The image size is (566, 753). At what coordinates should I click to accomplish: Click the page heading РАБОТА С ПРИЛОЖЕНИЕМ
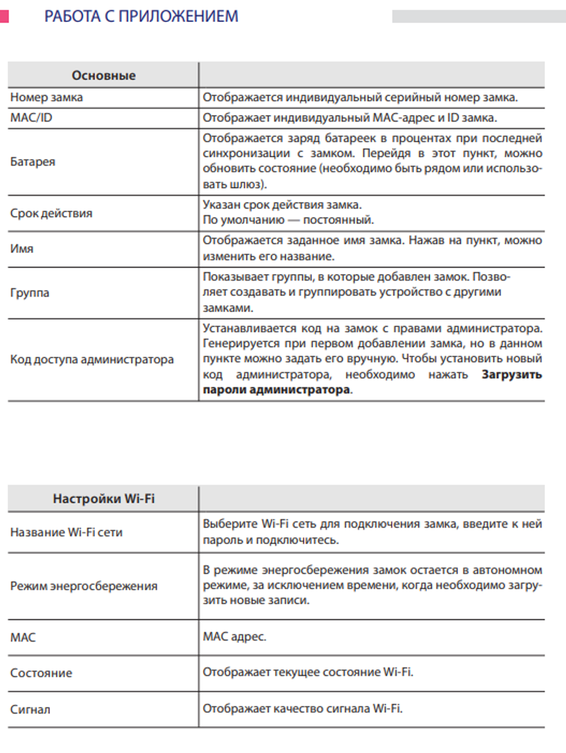(141, 16)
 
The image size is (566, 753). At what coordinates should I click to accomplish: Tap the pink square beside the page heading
(4, 16)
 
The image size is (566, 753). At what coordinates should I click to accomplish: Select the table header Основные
(104, 75)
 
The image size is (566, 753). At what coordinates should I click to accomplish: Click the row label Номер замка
(46, 97)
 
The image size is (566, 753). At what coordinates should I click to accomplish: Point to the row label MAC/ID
(31, 118)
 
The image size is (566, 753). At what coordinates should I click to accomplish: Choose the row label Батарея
(33, 162)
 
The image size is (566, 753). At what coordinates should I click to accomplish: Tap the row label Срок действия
(51, 213)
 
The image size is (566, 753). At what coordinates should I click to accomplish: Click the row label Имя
(22, 249)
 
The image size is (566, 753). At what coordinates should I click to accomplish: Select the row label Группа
(29, 293)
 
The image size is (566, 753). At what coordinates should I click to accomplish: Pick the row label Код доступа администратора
(92, 360)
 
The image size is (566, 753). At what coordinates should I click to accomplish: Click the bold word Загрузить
(512, 374)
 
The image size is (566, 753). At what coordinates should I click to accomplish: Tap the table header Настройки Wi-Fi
(104, 499)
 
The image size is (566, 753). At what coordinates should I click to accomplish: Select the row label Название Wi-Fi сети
(66, 532)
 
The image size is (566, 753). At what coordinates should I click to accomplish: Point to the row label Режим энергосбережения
(84, 586)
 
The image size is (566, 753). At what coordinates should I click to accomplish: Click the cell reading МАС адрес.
(234, 636)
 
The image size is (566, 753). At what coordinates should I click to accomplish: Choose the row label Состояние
(41, 673)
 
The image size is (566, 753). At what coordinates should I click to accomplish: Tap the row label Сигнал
(30, 709)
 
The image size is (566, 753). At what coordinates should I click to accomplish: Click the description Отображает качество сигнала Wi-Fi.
(302, 708)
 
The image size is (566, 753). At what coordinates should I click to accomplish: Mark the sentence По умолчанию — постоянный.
(288, 220)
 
